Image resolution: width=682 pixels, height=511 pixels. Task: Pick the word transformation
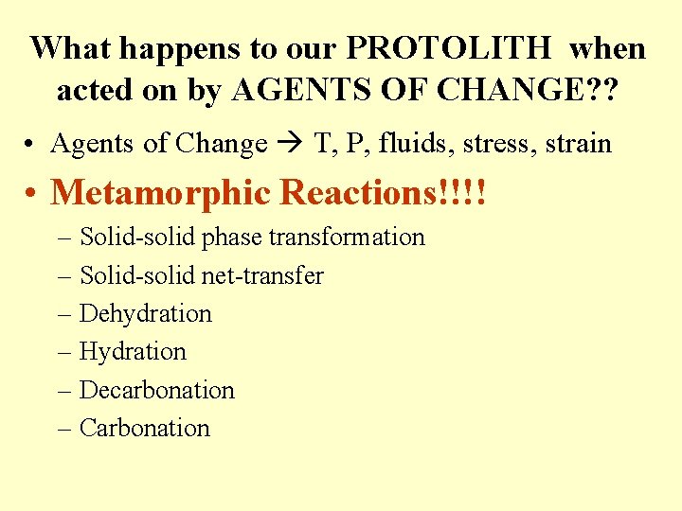pos(358,237)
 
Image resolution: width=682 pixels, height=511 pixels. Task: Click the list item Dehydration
pos(146,313)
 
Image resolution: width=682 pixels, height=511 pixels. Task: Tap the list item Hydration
pos(134,351)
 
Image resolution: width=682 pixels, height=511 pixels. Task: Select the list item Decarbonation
pos(157,389)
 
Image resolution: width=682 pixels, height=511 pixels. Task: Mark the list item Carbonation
pos(145,427)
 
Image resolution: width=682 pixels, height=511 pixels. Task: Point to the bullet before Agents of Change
pos(32,145)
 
